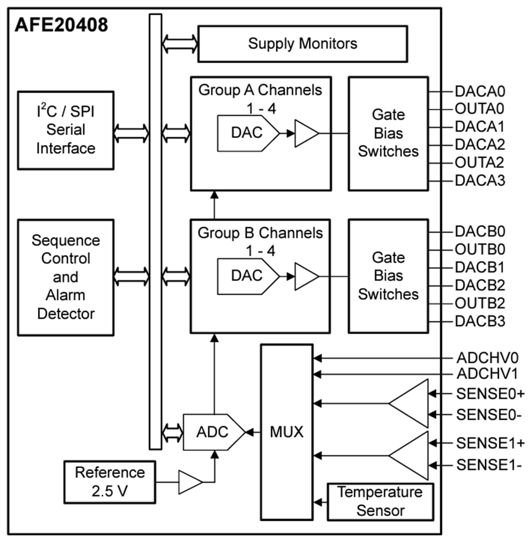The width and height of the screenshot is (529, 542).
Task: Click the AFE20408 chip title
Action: click(x=61, y=25)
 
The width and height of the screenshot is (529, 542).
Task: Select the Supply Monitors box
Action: click(x=302, y=44)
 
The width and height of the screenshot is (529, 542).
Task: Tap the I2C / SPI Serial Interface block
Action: click(x=66, y=130)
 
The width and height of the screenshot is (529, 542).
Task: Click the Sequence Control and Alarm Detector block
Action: click(x=66, y=277)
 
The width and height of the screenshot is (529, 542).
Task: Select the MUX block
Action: click(x=287, y=433)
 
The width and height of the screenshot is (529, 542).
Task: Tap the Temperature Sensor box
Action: click(x=380, y=502)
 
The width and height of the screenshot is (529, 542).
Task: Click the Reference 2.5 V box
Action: click(x=109, y=482)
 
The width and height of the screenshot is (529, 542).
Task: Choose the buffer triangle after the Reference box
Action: click(x=190, y=482)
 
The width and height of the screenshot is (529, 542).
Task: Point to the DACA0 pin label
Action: click(x=480, y=92)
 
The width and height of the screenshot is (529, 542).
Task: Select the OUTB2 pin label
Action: click(x=480, y=303)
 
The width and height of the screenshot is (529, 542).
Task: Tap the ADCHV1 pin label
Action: click(x=487, y=374)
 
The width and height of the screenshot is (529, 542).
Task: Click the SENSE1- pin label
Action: click(x=489, y=465)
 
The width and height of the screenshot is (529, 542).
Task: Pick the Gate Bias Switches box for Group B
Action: click(x=388, y=276)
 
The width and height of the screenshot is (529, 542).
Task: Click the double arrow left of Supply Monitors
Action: click(x=180, y=44)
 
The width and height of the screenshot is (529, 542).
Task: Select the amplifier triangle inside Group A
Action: click(x=306, y=133)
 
